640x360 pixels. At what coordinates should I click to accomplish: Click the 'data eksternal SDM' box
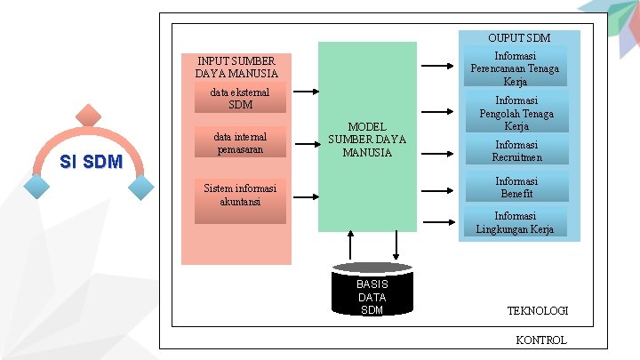[x=240, y=99]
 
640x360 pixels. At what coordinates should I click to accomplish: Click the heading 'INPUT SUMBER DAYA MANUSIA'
[x=236, y=67]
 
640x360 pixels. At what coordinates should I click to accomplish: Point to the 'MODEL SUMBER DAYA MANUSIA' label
[x=367, y=140]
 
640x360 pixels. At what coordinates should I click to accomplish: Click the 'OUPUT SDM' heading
[x=519, y=38]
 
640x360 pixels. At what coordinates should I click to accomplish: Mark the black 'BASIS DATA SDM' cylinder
[x=372, y=290]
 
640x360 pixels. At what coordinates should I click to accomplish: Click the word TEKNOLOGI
[x=538, y=310]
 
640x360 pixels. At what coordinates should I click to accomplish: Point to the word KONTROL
[x=540, y=340]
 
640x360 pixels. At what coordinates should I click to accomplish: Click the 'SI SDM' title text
[x=91, y=162]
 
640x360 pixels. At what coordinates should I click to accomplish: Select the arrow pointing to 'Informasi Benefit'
[x=436, y=189]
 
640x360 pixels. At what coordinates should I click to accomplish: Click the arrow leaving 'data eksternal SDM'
[x=306, y=92]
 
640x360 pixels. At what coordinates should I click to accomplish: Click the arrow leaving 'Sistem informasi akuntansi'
[x=306, y=194]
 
